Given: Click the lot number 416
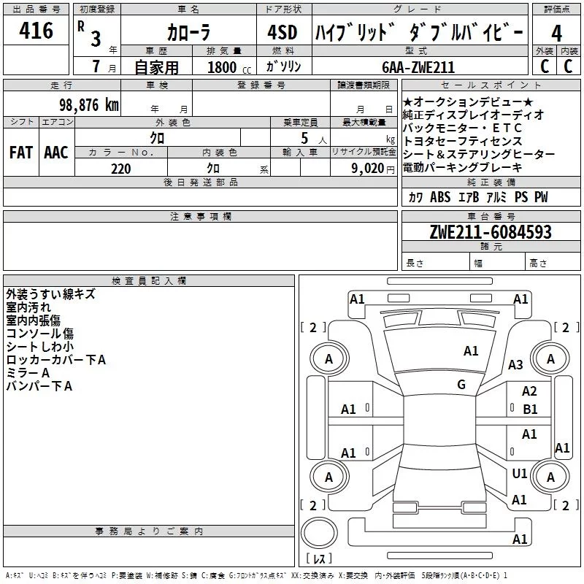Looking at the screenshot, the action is point(36,30).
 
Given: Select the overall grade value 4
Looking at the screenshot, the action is point(556,34).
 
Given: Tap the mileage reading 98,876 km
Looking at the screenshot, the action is point(89,105).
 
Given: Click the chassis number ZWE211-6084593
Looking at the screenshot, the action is point(491,232).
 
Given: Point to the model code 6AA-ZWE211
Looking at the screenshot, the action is point(418,67).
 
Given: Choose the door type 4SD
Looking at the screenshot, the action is point(283,32).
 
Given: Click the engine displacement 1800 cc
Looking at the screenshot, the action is point(229,67).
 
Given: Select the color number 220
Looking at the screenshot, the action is point(121,169).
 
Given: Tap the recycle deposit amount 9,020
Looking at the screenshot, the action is point(368,169).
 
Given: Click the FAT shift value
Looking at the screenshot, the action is point(21,153).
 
